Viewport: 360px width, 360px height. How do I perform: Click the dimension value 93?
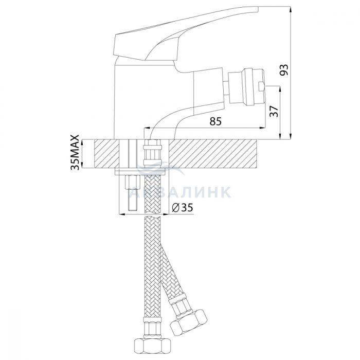click(284, 70)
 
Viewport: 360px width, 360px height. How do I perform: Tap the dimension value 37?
click(274, 112)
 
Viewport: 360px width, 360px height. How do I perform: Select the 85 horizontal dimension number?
click(215, 121)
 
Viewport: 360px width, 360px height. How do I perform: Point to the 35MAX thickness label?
click(75, 152)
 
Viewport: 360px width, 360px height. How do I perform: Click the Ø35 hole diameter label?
click(183, 208)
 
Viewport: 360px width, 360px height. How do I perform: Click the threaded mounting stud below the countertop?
click(133, 193)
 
